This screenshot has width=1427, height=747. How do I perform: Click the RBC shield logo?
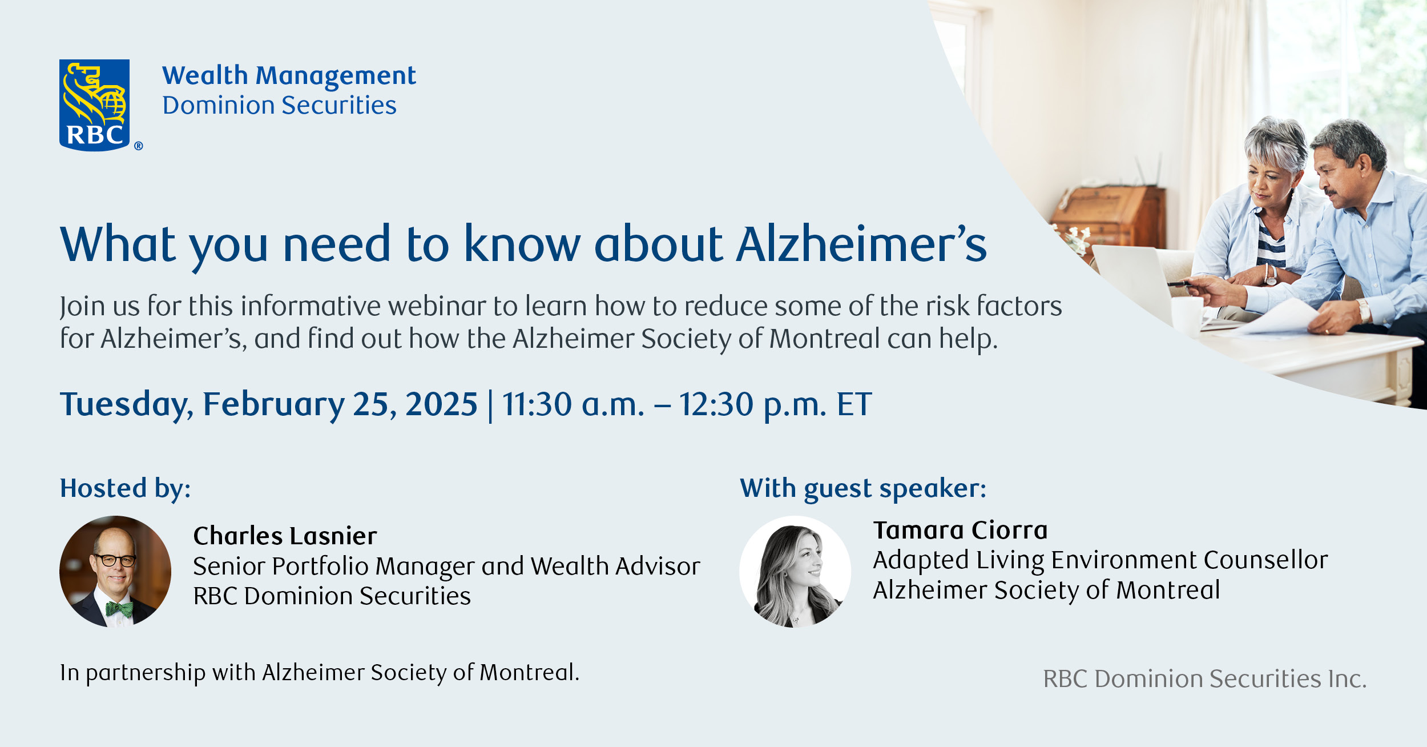pyautogui.click(x=95, y=105)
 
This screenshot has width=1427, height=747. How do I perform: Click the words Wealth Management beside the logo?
pyautogui.click(x=289, y=75)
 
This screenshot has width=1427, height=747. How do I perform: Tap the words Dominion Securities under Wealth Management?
pyautogui.click(x=279, y=106)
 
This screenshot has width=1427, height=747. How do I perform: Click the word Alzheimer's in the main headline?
pyautogui.click(x=861, y=244)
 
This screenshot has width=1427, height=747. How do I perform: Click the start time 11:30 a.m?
pyautogui.click(x=573, y=404)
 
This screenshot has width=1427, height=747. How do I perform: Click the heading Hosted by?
pyautogui.click(x=126, y=488)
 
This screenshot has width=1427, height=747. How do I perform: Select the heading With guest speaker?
pyautogui.click(x=863, y=488)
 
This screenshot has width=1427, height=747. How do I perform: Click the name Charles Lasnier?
pyautogui.click(x=285, y=536)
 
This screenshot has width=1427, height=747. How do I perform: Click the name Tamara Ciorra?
pyautogui.click(x=960, y=530)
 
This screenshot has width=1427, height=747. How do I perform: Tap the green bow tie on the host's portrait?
pyautogui.click(x=120, y=609)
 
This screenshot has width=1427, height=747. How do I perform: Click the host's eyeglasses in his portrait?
pyautogui.click(x=115, y=560)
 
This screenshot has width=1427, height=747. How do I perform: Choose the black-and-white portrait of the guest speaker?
pyautogui.click(x=795, y=571)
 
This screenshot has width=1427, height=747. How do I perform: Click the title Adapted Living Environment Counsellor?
pyautogui.click(x=1100, y=560)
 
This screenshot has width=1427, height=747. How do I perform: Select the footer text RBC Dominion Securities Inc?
pyautogui.click(x=1204, y=678)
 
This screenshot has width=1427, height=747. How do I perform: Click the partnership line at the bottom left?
pyautogui.click(x=320, y=672)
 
